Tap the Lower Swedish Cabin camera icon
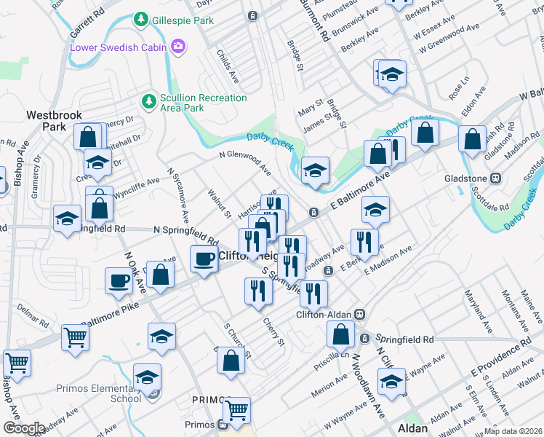178,47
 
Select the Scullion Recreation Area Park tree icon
148,99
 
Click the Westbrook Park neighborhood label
54,121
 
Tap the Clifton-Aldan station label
324,315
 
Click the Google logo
24,428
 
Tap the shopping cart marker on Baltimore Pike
75,337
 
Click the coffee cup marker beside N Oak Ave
119,280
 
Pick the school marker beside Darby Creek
315,171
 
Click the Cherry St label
273,331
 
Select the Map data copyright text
513,430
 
